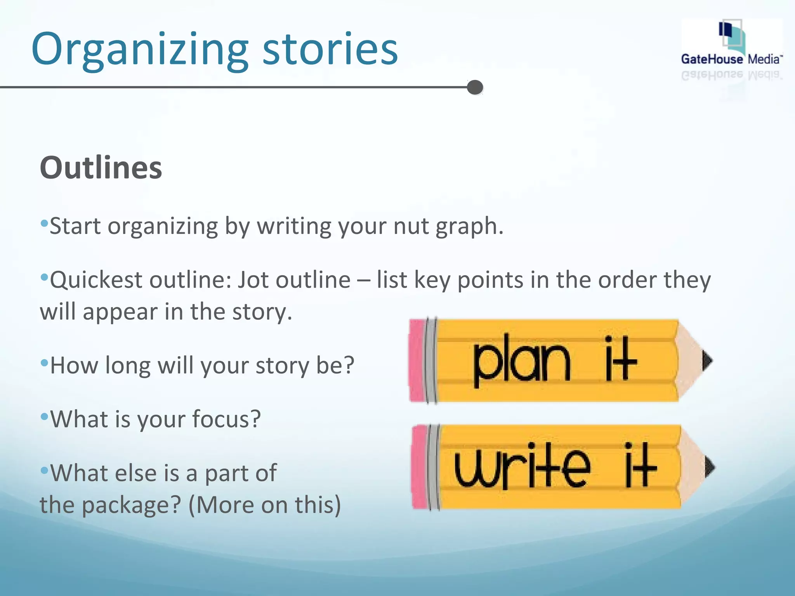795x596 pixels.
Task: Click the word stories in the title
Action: (x=330, y=49)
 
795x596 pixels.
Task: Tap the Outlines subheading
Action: (x=101, y=168)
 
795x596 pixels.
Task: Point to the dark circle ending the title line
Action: (x=475, y=87)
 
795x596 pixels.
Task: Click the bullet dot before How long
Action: (x=44, y=363)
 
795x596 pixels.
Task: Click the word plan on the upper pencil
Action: (x=521, y=361)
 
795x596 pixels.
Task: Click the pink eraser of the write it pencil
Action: (x=420, y=467)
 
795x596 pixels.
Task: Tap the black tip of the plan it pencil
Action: (x=707, y=361)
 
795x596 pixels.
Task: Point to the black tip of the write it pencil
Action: (x=710, y=467)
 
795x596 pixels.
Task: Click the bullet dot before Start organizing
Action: (x=44, y=223)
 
